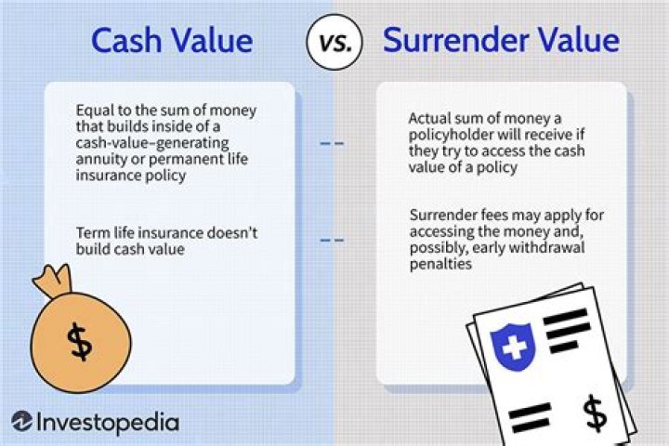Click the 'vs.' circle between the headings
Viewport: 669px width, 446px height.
click(x=334, y=41)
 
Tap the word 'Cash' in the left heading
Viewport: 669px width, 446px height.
click(x=126, y=41)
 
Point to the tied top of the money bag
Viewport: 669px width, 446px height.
click(x=49, y=278)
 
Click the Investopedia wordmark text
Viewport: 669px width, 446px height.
click(x=108, y=422)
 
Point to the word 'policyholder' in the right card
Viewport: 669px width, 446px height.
click(x=453, y=135)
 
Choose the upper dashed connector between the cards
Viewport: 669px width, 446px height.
click(x=333, y=144)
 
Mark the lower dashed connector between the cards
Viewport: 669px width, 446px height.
click(x=333, y=241)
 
